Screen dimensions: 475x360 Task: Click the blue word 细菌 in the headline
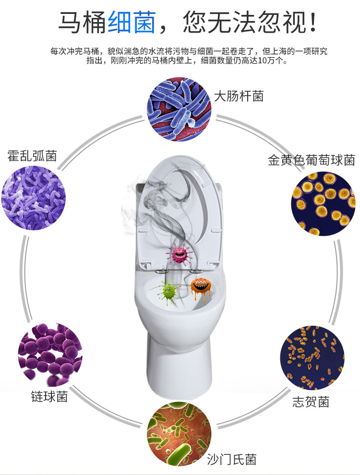click(132, 22)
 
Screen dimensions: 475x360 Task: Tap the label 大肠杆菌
click(239, 96)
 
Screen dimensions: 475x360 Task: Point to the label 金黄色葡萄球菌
click(311, 160)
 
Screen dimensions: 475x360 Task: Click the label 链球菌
click(49, 396)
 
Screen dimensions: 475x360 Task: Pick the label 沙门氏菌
click(232, 459)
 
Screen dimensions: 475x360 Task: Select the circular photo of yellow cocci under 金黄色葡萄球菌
click(323, 203)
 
